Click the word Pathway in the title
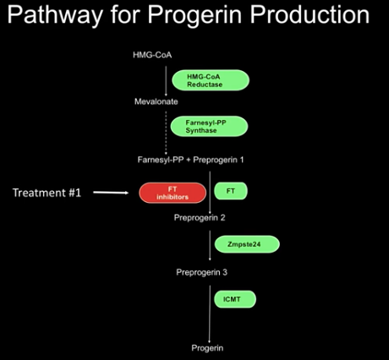(x=55, y=15)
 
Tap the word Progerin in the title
(x=194, y=16)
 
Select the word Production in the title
(x=310, y=14)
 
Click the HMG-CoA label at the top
(x=152, y=55)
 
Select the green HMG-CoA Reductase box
(x=211, y=80)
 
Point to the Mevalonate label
(x=156, y=101)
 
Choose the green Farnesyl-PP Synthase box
(x=210, y=126)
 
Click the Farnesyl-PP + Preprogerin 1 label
(x=190, y=160)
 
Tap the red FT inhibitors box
(x=173, y=193)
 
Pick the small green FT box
(x=231, y=191)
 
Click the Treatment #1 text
(x=47, y=193)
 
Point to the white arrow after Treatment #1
(x=111, y=193)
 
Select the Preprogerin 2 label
(x=200, y=217)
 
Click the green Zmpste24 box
(x=247, y=244)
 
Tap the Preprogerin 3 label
(x=201, y=272)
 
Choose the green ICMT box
(x=235, y=299)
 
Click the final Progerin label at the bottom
(x=207, y=348)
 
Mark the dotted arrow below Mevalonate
(x=166, y=133)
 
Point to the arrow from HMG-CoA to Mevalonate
(x=166, y=81)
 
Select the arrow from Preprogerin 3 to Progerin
(x=210, y=314)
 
